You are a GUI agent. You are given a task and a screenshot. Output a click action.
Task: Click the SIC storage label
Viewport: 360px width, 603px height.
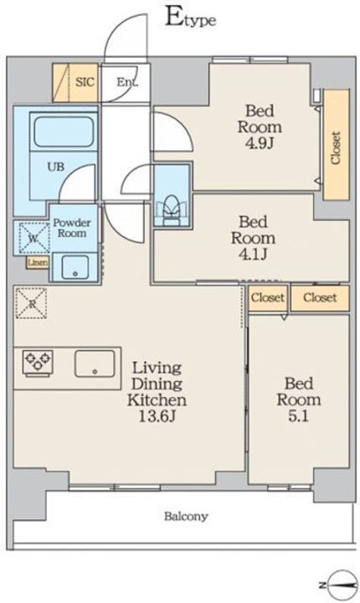click(x=85, y=82)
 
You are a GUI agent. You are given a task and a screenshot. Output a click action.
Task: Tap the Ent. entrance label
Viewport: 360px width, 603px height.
click(x=127, y=82)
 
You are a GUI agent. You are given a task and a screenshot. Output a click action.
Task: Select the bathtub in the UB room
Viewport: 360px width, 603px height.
click(x=64, y=132)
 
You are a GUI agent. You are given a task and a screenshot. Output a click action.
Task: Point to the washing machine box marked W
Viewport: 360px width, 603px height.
click(x=33, y=239)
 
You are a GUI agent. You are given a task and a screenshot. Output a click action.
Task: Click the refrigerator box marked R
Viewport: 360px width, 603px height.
click(x=31, y=303)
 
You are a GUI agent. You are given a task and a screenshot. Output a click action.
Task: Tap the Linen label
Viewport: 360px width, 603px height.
click(x=38, y=263)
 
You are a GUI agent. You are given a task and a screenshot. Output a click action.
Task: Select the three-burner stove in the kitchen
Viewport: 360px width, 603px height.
click(x=38, y=363)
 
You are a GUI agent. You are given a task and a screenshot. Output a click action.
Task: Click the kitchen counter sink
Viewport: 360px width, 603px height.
click(x=95, y=363)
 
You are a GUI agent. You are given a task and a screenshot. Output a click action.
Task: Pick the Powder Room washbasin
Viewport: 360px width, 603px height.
click(x=75, y=266)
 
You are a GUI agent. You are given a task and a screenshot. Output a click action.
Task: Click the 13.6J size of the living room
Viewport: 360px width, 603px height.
click(x=157, y=416)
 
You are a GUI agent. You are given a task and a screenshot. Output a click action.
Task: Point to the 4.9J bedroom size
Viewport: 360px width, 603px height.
click(x=260, y=143)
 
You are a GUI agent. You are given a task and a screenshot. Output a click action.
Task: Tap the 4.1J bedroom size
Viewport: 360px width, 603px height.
click(x=253, y=255)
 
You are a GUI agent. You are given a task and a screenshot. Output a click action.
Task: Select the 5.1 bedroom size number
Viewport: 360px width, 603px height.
click(x=298, y=416)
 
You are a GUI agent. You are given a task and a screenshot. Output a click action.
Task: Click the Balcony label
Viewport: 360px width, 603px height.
click(x=186, y=516)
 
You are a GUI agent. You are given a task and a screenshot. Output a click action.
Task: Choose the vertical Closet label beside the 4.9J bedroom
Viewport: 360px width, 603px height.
click(x=336, y=148)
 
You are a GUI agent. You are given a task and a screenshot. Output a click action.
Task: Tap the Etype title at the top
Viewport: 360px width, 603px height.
click(x=190, y=18)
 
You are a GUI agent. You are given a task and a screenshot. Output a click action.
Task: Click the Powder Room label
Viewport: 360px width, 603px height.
click(x=72, y=228)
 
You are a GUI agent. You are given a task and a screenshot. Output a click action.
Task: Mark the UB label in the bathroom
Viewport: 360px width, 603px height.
click(x=56, y=167)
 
